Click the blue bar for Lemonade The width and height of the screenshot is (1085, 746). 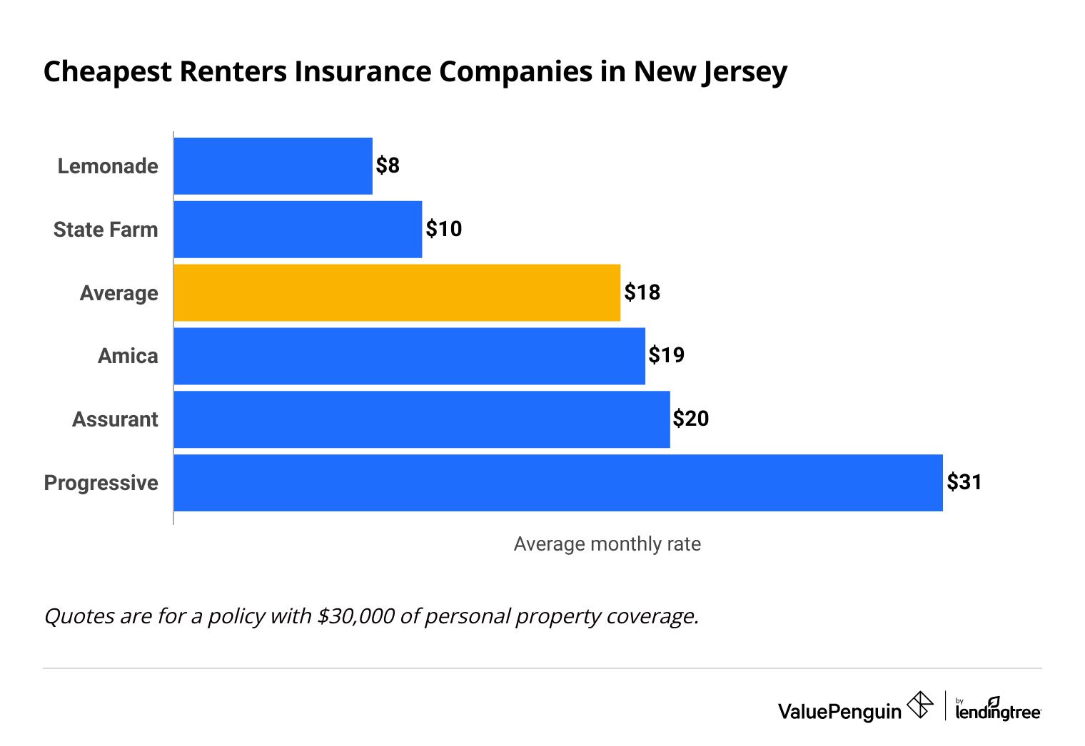pyautogui.click(x=273, y=166)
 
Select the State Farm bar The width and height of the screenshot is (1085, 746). pyautogui.click(x=298, y=230)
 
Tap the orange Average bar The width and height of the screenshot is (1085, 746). pyautogui.click(x=397, y=292)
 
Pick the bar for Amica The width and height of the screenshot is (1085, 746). pyautogui.click(x=409, y=356)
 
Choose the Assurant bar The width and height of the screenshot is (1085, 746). pyautogui.click(x=422, y=419)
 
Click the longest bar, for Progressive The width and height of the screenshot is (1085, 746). pyautogui.click(x=558, y=483)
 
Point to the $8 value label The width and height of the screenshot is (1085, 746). pyautogui.click(x=388, y=166)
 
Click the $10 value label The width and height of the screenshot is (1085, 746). pyautogui.click(x=444, y=229)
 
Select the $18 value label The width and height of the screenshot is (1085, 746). pyautogui.click(x=642, y=292)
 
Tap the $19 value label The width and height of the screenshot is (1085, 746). pyautogui.click(x=667, y=355)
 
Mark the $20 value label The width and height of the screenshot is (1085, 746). pyautogui.click(x=691, y=419)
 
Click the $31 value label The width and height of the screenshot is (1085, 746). pyautogui.click(x=964, y=482)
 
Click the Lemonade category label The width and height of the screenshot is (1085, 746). pyautogui.click(x=108, y=166)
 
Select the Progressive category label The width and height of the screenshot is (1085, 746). pyautogui.click(x=101, y=483)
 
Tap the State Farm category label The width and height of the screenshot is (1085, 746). pyautogui.click(x=106, y=230)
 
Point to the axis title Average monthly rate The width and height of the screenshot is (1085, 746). pyautogui.click(x=607, y=544)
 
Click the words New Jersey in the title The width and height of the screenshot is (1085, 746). pyautogui.click(x=710, y=73)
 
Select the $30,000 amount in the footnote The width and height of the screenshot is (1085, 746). pyautogui.click(x=355, y=615)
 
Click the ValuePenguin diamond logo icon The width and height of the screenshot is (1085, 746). pyautogui.click(x=919, y=705)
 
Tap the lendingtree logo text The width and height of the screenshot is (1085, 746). pyautogui.click(x=998, y=711)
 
